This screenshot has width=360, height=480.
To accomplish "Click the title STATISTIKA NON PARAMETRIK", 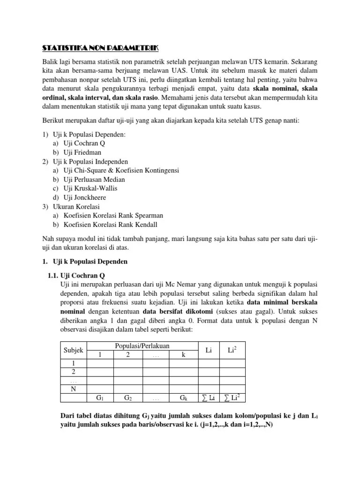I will pos(100,48).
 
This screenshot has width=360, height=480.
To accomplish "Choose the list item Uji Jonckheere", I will pos(86,197).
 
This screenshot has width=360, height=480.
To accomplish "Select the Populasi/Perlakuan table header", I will pos(142,346).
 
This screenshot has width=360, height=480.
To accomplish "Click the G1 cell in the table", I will pos(100,398).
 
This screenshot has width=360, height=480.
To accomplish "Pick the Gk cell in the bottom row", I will pos(183,398).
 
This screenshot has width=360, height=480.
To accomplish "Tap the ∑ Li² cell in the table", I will pos(233,397).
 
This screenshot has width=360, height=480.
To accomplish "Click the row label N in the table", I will pos(73,389).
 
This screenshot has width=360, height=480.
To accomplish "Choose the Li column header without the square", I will pos(209,350).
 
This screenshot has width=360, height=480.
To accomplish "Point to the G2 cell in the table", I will pos(127,398).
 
